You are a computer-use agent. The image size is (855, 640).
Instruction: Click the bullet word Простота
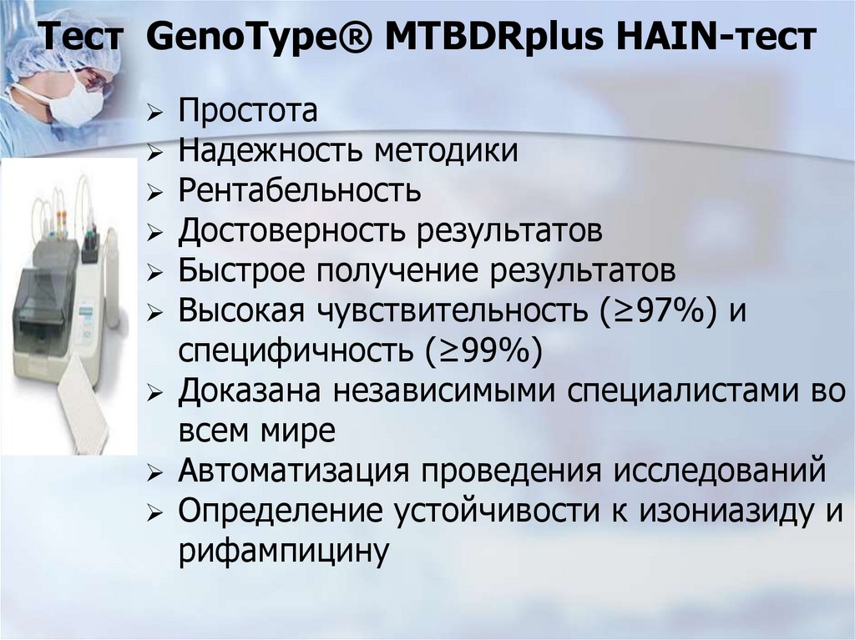(247, 111)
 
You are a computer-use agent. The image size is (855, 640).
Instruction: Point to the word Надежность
(269, 151)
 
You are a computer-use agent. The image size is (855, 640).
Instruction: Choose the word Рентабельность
(299, 191)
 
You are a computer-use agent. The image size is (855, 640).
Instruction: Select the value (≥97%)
(655, 311)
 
